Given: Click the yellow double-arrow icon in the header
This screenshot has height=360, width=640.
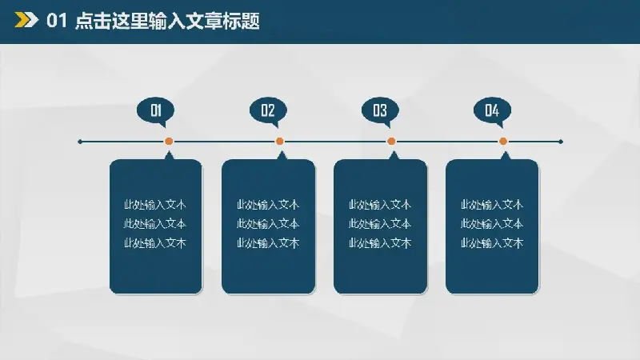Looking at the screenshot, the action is (26, 20).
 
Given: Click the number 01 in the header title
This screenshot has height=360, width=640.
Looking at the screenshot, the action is (56, 21).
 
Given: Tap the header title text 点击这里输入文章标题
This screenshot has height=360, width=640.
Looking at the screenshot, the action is (167, 21).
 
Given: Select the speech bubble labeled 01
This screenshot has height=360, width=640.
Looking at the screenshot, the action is (155, 111).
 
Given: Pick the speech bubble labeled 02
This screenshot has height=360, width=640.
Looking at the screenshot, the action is (268, 111).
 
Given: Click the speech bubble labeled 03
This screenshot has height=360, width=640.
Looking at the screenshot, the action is (380, 111).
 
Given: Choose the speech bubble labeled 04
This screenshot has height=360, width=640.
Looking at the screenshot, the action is (492, 111).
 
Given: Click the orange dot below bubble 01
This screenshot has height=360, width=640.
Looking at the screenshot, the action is (169, 142).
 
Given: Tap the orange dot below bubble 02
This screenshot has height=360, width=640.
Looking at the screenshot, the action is (279, 142).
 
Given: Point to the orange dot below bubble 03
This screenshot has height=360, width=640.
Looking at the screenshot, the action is (391, 142).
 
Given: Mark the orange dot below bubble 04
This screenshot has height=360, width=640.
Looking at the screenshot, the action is (503, 142).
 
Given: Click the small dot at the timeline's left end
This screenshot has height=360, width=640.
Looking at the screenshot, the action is (80, 142).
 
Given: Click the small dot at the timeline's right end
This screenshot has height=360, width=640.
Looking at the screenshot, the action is (561, 142).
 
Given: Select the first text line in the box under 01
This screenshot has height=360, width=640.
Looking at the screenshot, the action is (155, 205).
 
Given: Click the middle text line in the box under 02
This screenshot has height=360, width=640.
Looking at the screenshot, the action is (268, 224).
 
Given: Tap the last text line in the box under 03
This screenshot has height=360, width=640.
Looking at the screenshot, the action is (380, 243).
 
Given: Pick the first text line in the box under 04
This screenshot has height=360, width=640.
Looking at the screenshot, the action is (492, 205).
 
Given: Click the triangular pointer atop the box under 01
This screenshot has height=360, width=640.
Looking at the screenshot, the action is (169, 155).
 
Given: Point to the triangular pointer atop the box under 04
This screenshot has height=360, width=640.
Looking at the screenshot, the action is (506, 155).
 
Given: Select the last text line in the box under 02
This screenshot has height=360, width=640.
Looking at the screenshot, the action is (268, 243).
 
